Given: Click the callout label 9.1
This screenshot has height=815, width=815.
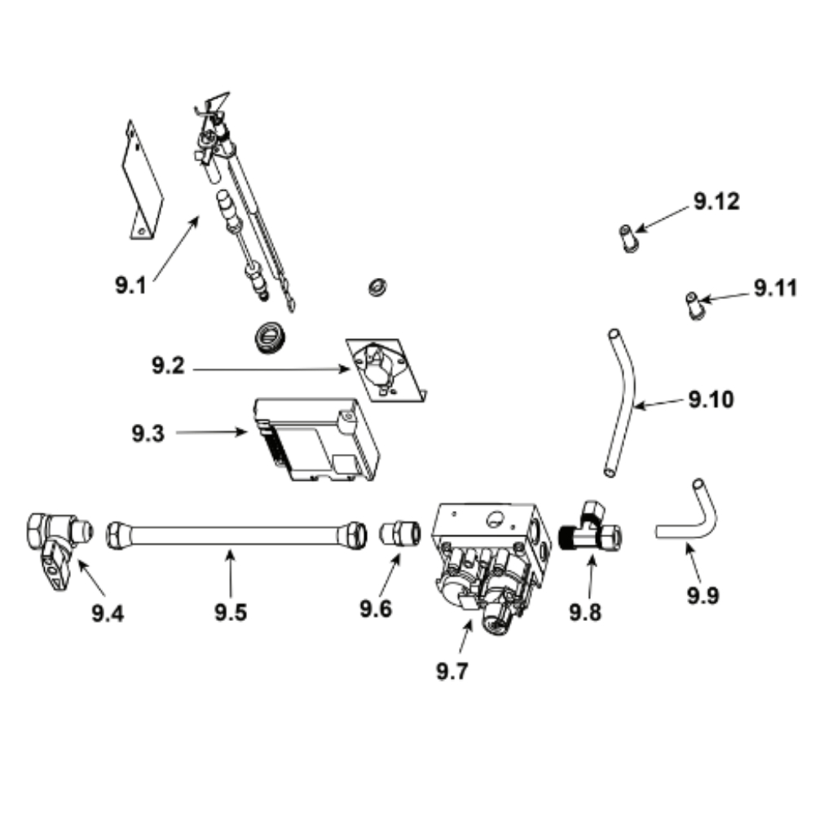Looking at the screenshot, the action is [130, 285].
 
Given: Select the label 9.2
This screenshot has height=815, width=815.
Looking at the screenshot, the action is [168, 365].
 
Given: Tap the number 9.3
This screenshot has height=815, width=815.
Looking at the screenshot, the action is [148, 434].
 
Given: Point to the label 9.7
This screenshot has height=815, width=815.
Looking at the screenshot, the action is [452, 671].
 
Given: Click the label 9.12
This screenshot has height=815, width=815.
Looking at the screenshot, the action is [716, 201].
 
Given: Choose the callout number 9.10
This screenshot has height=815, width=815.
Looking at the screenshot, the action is [711, 399].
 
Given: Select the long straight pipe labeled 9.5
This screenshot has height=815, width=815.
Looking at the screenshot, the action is [236, 535].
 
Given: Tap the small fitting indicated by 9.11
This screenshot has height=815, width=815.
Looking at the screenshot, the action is [694, 306].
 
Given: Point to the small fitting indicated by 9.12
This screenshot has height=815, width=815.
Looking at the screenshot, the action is [629, 238].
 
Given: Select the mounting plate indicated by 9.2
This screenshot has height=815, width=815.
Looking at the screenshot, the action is [385, 370].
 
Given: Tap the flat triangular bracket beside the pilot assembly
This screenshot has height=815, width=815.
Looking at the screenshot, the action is [142, 182].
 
